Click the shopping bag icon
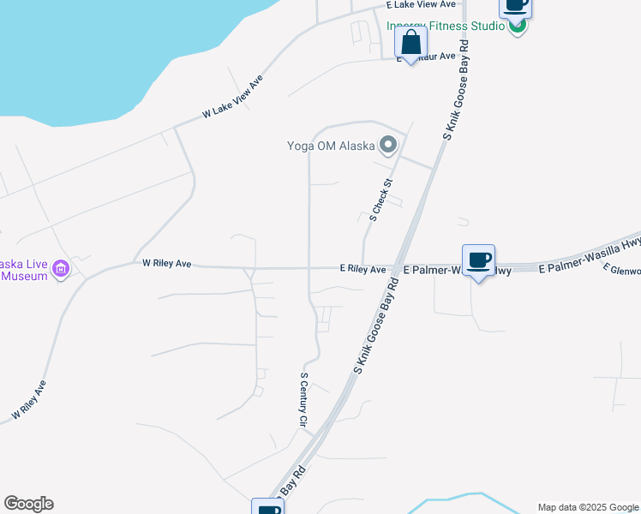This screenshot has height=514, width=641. pos(411,43)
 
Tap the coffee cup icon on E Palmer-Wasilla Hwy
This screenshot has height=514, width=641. pos(478,260)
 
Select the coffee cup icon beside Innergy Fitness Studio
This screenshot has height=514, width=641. pos(515,6)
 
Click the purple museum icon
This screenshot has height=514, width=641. pos(61,269)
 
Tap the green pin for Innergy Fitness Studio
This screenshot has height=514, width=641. pos(517,26)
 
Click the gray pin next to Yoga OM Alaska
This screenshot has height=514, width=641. pos(388,145)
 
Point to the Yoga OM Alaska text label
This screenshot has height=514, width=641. pos(331,145)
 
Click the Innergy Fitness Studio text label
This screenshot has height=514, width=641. pos(446,26)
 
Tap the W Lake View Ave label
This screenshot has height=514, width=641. pos(232,96)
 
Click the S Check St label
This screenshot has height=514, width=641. pos(380,200)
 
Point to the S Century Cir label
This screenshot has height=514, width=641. pos(303,400)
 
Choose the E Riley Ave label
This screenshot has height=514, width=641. pos(362,269)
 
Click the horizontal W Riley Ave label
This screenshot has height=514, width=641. pos(166,264)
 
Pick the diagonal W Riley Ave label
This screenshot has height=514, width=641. pos(28,401)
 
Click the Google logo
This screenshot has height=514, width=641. pos(28,504)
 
